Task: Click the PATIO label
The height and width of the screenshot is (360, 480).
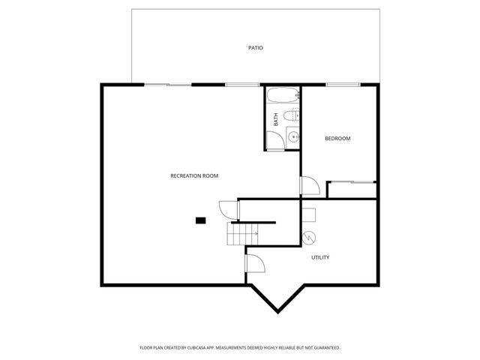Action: click(256, 48)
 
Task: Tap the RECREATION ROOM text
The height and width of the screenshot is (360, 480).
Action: click(194, 175)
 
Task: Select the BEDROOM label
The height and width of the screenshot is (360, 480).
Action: click(337, 139)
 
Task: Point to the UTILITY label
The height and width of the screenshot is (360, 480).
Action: click(320, 257)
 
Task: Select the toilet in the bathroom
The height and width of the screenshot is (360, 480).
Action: click(295, 115)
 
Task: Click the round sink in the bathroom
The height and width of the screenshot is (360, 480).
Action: click(293, 136)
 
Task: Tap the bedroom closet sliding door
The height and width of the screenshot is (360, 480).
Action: click(351, 182)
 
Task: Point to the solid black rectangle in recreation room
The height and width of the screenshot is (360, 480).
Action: click(200, 220)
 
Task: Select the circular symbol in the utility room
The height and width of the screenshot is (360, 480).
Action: click(308, 238)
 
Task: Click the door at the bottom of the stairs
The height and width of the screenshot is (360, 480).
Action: click(254, 263)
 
